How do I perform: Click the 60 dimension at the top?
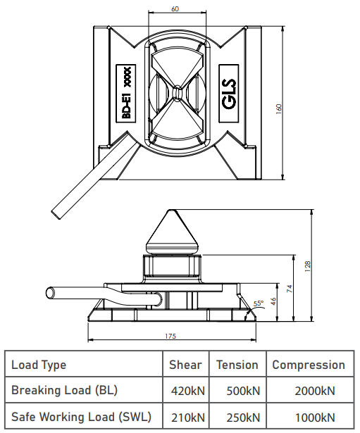(x=175, y=9)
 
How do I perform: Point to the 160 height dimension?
(x=279, y=108)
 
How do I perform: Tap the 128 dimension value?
(x=308, y=266)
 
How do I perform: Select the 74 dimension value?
(x=290, y=289)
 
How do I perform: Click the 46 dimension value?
(x=273, y=301)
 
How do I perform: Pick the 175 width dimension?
(x=170, y=336)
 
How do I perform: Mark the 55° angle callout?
(x=259, y=303)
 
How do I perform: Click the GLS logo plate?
(x=229, y=94)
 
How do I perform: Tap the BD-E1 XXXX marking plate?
(x=126, y=94)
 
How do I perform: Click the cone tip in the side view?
(x=171, y=211)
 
